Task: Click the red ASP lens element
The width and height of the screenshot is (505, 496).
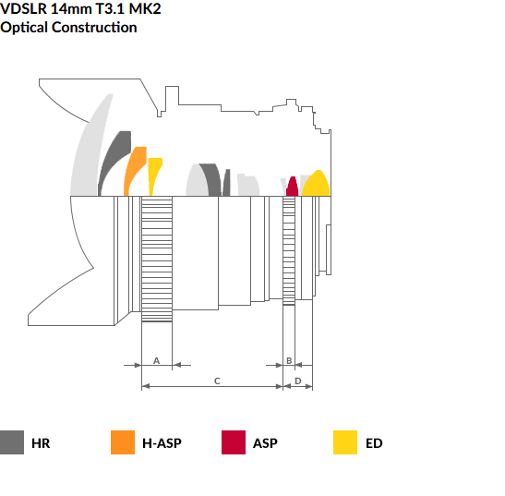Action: click(292, 188)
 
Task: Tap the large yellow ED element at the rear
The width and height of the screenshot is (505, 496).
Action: click(317, 185)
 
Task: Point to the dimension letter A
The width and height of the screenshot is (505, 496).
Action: click(157, 360)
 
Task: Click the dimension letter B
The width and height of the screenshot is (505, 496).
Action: click(289, 360)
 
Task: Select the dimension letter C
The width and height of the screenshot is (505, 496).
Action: click(217, 381)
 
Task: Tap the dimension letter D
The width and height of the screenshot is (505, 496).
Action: click(298, 381)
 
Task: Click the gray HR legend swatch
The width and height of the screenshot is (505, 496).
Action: click(12, 442)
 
